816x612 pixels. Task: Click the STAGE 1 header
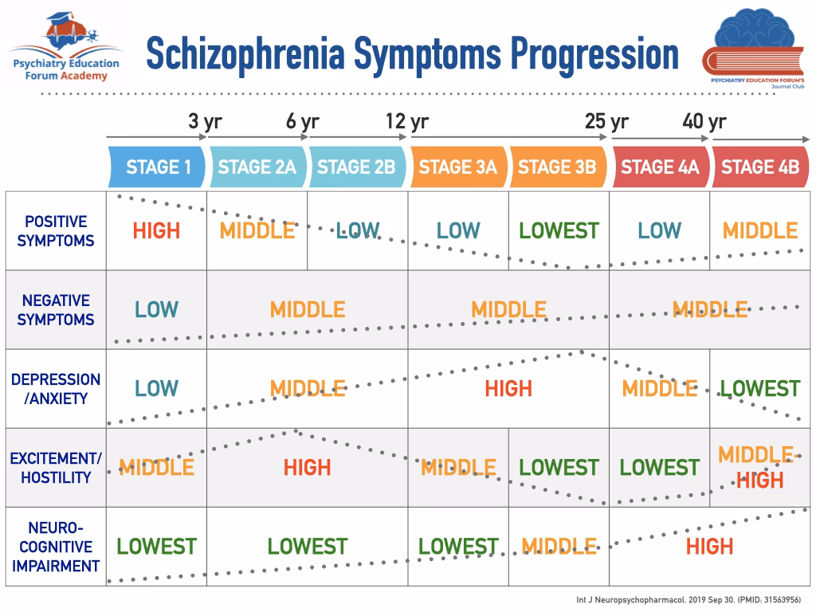[x=157, y=167]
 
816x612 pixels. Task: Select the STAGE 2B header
[x=357, y=167]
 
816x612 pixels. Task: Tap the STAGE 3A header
[x=458, y=167]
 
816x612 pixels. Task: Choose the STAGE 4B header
[x=760, y=167]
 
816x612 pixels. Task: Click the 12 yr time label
[x=407, y=121]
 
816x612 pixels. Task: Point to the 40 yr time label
[x=704, y=121]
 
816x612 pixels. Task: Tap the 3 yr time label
[x=205, y=121]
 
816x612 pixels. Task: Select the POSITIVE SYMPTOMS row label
[x=56, y=231]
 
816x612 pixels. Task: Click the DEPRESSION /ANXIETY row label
[x=56, y=389]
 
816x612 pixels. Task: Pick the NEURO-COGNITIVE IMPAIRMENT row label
[x=56, y=547]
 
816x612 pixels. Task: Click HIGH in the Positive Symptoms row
[x=157, y=230]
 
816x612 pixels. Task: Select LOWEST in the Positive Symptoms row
[x=559, y=230]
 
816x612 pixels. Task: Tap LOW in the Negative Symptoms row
[x=157, y=310]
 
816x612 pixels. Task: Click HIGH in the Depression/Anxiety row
[x=508, y=389]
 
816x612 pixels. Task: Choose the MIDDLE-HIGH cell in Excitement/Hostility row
[x=759, y=467]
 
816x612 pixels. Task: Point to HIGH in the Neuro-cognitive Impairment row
[x=709, y=547]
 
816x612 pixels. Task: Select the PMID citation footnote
[x=688, y=600]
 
